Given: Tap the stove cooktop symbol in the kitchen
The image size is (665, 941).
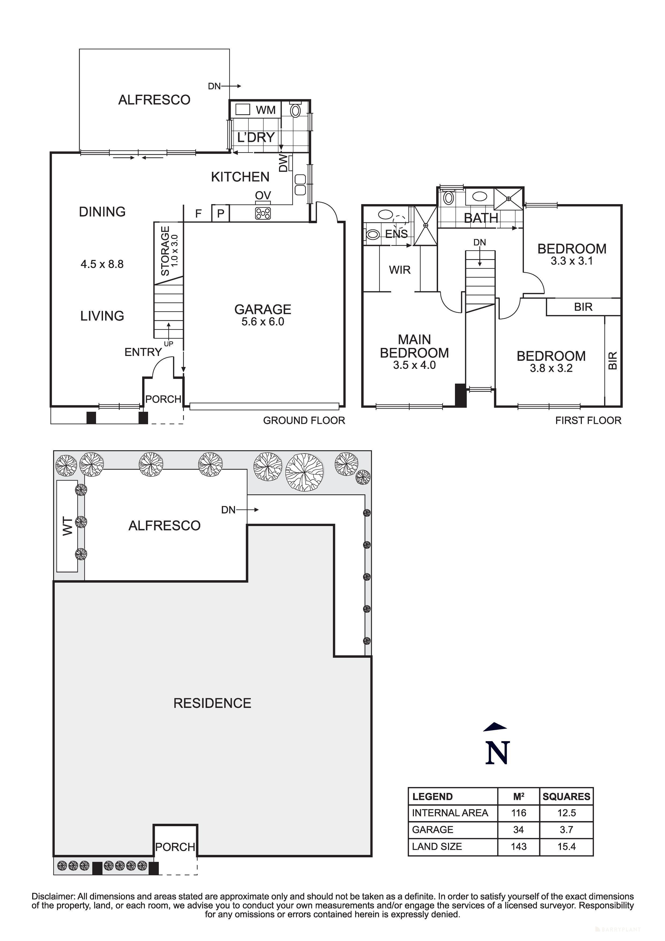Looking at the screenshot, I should tap(263, 213).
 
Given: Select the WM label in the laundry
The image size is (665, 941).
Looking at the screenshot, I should tap(266, 110).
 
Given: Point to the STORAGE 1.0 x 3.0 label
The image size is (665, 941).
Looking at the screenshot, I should tap(168, 251).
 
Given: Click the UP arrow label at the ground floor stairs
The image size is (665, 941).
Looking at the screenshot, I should tap(168, 344).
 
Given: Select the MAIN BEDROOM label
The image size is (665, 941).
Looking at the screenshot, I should tap(414, 346).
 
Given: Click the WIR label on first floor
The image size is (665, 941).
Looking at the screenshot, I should tap(399, 270).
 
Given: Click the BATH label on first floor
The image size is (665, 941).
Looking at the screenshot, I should tap(481, 218).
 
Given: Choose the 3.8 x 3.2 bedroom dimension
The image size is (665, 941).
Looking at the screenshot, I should tap(551, 368).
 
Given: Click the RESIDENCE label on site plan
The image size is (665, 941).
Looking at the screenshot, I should tap(212, 703).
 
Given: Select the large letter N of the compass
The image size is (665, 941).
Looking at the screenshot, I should tap(497, 753).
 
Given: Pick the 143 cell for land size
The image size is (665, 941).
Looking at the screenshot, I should tap(518, 846).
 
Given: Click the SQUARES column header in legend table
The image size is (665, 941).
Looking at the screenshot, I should tap(566, 796).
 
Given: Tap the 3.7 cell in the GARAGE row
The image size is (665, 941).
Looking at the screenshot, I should tap(566, 829).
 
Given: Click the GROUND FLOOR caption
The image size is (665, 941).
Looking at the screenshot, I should tap(304, 421).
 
